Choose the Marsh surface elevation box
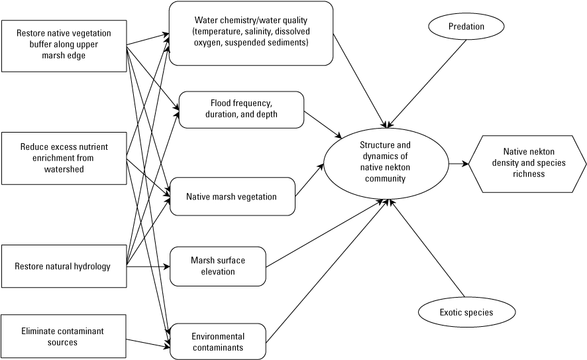217,265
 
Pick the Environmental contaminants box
217,341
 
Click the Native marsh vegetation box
231,196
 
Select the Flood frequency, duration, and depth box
240,109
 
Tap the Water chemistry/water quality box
250,33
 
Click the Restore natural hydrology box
63,267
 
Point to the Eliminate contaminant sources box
63,336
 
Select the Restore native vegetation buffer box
63,44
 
